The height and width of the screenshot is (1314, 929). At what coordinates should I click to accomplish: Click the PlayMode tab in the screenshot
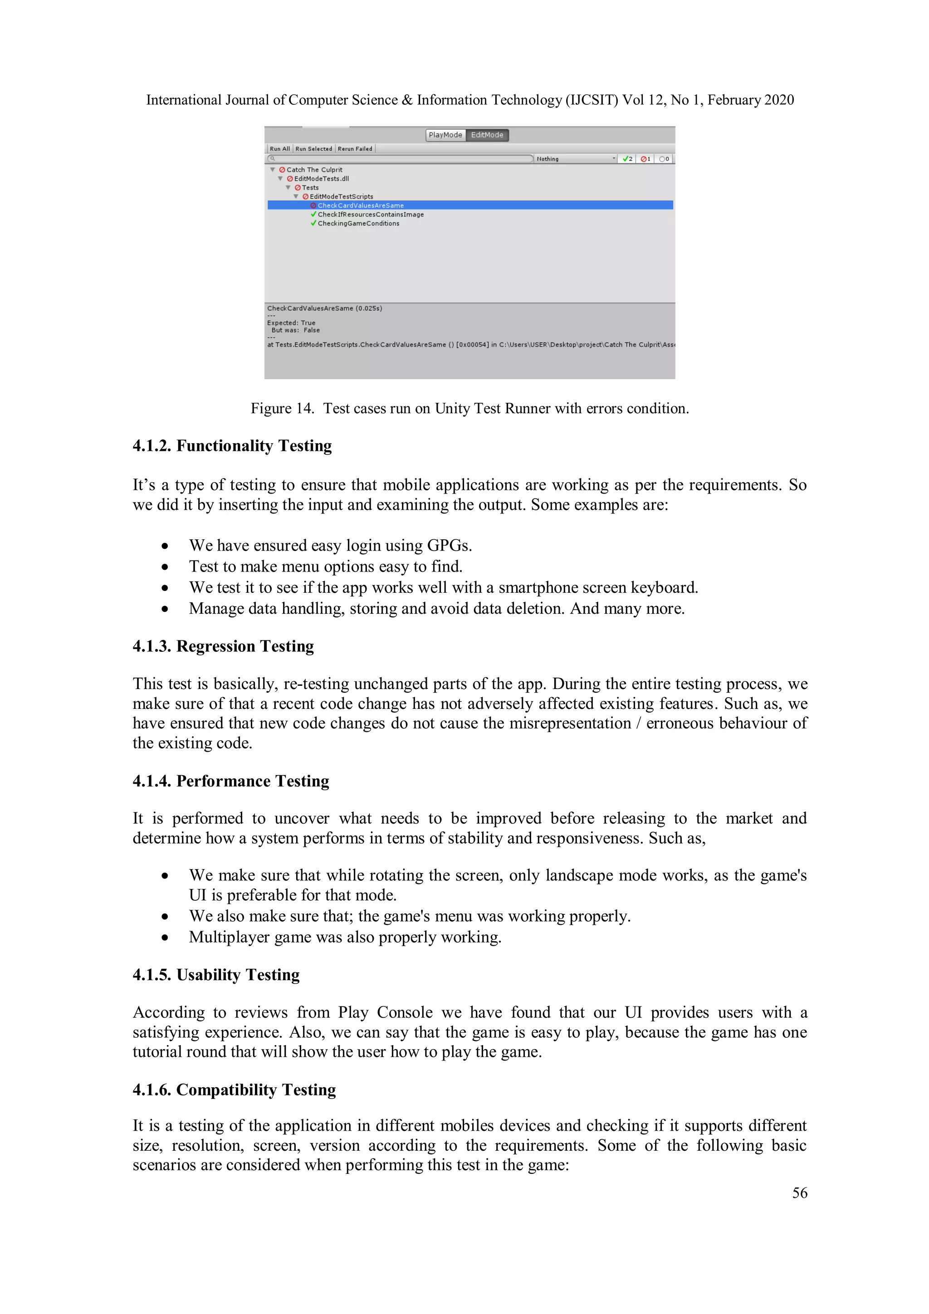coord(445,135)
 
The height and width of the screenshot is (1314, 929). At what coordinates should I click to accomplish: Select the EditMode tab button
coord(487,135)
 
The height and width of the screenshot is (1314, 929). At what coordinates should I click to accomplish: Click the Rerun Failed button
coord(355,149)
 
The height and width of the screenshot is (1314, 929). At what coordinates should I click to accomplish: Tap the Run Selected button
coord(313,149)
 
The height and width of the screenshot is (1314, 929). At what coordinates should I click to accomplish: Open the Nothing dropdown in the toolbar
coord(575,159)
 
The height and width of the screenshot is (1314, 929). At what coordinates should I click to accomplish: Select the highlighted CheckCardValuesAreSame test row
coord(361,205)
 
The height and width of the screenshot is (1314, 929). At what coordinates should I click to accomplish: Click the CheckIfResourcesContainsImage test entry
coord(370,215)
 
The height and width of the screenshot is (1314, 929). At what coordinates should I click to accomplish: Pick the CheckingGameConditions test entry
coord(358,224)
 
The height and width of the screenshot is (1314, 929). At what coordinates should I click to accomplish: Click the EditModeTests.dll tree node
coord(321,179)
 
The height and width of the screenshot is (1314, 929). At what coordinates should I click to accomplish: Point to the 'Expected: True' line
coord(291,323)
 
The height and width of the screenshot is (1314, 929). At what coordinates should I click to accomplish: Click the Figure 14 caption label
coord(469,408)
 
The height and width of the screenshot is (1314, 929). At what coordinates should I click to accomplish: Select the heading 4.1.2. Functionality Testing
coord(232,445)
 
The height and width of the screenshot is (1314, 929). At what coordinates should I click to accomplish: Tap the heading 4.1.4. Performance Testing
coord(231,781)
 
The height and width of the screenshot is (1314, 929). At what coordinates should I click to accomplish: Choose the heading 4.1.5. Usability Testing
coord(216,974)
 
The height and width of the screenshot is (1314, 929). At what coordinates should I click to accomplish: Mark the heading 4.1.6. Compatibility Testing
coord(234,1089)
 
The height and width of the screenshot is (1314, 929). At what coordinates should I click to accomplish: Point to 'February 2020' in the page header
coord(750,100)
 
